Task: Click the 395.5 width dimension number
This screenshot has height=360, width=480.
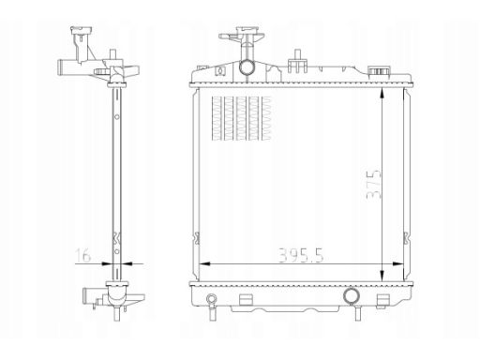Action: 301,255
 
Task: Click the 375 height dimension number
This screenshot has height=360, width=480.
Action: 374,184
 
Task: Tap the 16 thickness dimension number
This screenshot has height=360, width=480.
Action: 83,256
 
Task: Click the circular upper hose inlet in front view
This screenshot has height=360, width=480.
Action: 247,67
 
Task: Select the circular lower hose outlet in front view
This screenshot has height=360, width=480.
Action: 352,295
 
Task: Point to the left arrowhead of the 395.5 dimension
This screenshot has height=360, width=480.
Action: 204,264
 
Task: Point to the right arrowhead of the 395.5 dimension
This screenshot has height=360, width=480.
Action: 398,264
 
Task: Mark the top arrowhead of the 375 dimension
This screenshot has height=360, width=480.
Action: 382,94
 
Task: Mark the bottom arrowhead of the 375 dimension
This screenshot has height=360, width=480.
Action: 382,276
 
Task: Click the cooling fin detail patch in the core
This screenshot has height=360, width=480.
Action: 242,118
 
